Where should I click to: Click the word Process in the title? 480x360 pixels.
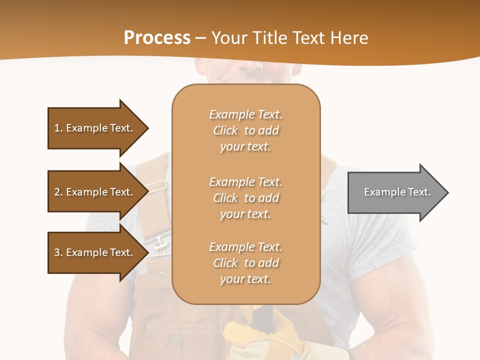click(x=157, y=37)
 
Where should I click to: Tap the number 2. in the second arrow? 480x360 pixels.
click(x=58, y=192)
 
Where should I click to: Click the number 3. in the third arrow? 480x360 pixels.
click(x=58, y=252)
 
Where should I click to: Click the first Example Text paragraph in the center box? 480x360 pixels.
click(x=245, y=130)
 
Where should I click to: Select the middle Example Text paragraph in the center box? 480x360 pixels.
click(x=245, y=198)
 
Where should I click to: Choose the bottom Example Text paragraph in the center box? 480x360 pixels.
click(x=245, y=263)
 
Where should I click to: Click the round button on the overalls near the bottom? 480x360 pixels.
click(x=176, y=340)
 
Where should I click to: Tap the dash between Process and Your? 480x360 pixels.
click(x=200, y=38)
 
